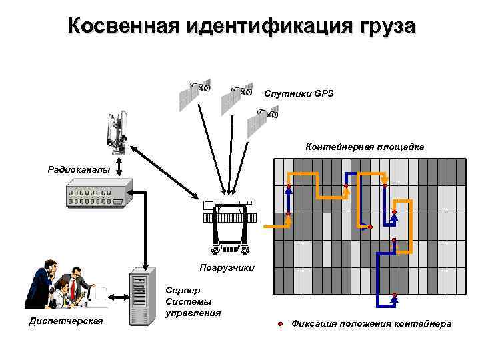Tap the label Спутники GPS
299,93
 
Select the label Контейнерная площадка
365,146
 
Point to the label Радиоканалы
79,169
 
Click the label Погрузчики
227,267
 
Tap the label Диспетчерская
66,322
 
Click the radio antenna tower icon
116,131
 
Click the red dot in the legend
280,323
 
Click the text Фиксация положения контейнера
371,323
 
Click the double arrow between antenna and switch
119,165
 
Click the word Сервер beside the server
182,291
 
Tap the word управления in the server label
193,312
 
